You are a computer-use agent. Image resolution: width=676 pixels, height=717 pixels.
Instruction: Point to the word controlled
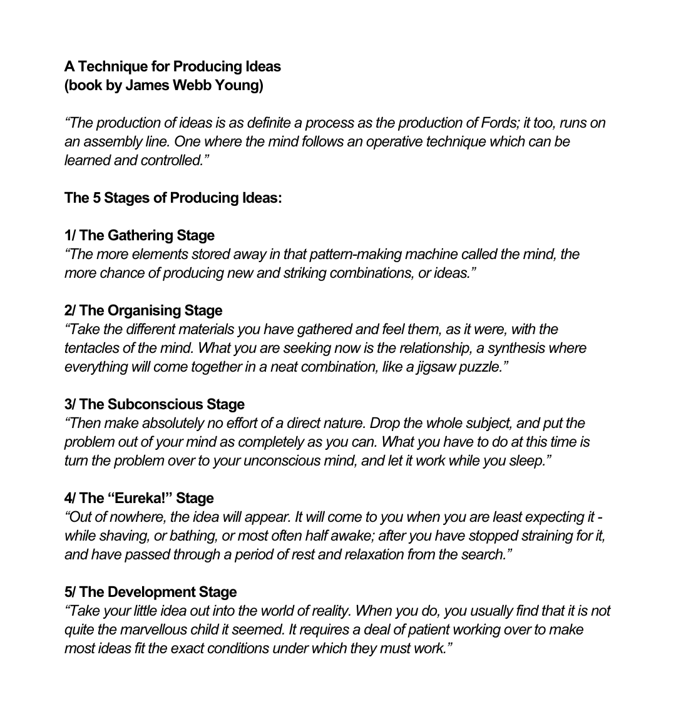174,160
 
